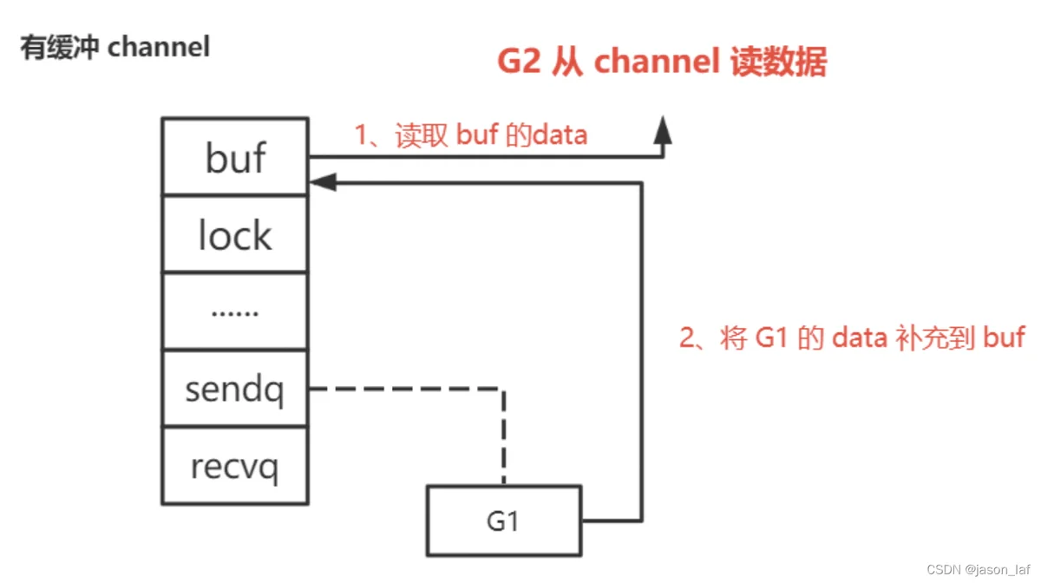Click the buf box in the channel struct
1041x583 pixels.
(235, 156)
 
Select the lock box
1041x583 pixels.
(235, 234)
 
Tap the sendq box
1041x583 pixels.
(235, 388)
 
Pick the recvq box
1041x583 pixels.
(235, 466)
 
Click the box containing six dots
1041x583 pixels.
(235, 311)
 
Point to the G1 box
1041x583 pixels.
(504, 521)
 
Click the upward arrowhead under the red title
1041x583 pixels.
(663, 130)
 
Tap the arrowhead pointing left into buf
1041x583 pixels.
(323, 182)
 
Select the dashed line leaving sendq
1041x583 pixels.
(504, 389)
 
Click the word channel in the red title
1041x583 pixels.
(657, 61)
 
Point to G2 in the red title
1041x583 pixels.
(519, 61)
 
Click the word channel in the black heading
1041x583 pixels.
(159, 47)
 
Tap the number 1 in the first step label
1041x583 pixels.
(361, 134)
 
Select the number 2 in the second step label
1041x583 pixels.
(687, 337)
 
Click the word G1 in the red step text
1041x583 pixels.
(771, 337)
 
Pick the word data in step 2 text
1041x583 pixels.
(860, 337)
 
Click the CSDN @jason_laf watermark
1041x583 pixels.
(978, 569)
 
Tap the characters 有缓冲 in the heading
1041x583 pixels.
(60, 47)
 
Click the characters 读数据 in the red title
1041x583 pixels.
(778, 61)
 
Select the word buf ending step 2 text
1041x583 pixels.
(1004, 337)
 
